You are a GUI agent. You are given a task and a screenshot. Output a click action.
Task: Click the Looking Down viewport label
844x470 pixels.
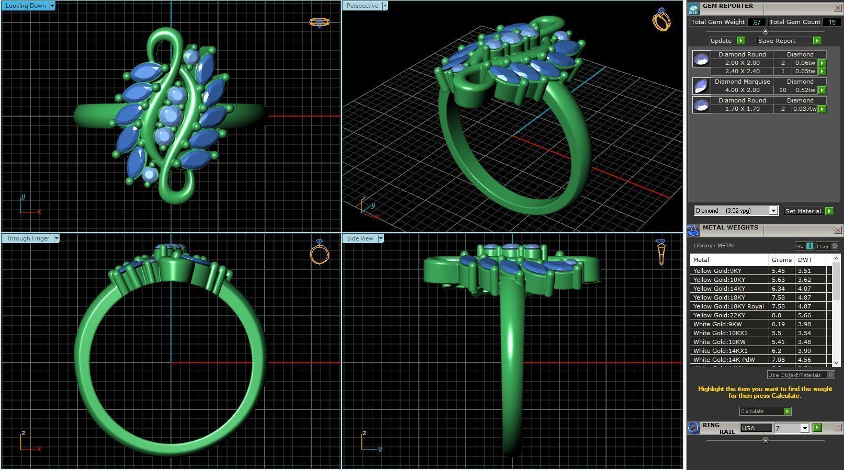25,6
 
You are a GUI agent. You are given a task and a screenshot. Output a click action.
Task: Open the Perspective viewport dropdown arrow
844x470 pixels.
385,6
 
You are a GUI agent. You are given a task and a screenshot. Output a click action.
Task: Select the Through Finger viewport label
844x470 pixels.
28,238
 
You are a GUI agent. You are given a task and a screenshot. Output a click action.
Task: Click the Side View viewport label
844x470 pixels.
360,238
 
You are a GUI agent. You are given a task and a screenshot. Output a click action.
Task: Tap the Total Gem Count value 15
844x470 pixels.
831,22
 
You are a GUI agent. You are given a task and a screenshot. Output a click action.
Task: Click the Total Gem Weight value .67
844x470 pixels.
756,22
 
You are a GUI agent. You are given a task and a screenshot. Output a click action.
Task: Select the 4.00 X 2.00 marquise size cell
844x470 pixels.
742,90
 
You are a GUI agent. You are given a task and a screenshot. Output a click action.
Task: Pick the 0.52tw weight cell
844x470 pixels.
805,90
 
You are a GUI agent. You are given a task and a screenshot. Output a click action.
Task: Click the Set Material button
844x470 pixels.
803,211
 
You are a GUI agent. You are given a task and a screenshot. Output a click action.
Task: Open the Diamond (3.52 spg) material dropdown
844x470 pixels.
773,211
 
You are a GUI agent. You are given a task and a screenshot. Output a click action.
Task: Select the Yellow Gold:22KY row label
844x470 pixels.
719,315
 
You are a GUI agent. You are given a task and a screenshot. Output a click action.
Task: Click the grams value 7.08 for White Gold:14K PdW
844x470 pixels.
779,360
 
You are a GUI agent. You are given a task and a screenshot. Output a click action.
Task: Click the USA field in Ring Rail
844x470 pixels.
755,428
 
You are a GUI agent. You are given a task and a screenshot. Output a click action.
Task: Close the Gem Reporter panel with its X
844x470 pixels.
838,8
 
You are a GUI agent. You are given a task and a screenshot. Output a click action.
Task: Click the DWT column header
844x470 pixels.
805,260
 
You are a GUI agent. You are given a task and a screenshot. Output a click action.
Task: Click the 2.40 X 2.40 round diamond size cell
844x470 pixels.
742,71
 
